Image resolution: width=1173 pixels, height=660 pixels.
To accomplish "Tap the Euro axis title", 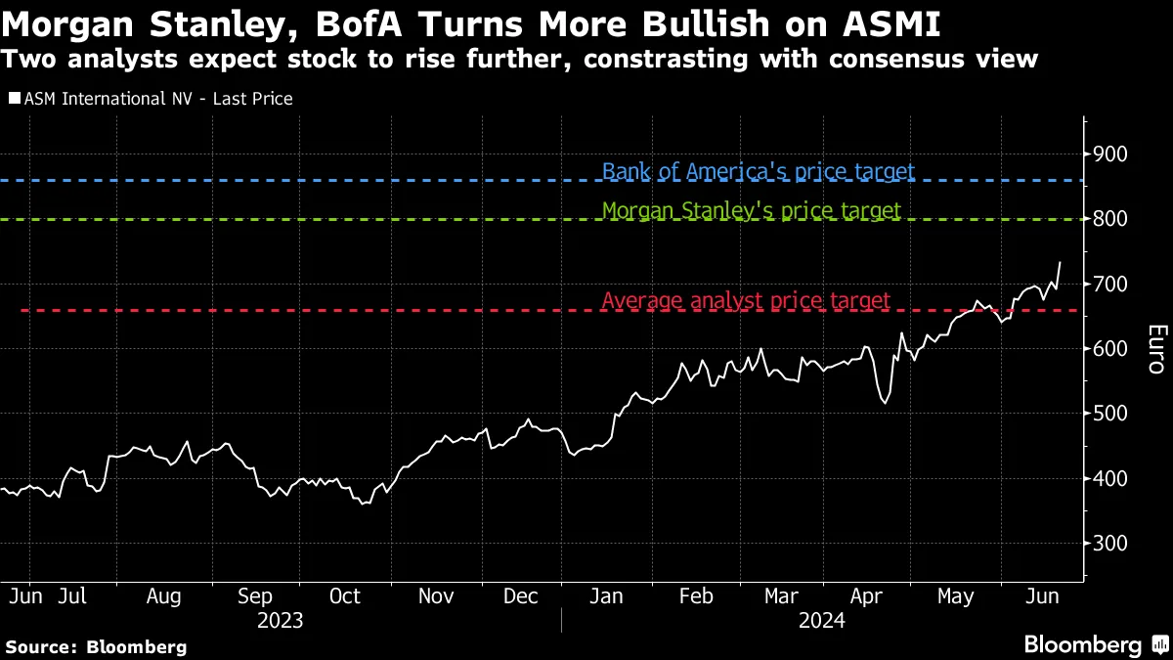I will tap(1154, 349).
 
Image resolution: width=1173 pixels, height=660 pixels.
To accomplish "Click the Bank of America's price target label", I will tap(758, 172).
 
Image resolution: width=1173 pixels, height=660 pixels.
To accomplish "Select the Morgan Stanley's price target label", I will tap(751, 210).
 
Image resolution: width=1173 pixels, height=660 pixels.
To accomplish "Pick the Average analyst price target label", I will tap(746, 300).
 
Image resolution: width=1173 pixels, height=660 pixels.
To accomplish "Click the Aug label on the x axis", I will tap(162, 596).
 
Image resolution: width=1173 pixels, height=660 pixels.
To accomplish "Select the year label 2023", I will tap(280, 620).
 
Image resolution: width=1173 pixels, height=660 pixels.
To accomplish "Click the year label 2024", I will tap(821, 620).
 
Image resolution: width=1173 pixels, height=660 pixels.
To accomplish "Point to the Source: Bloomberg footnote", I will tap(96, 646).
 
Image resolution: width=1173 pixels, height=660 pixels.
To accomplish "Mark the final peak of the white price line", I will tap(1061, 262).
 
